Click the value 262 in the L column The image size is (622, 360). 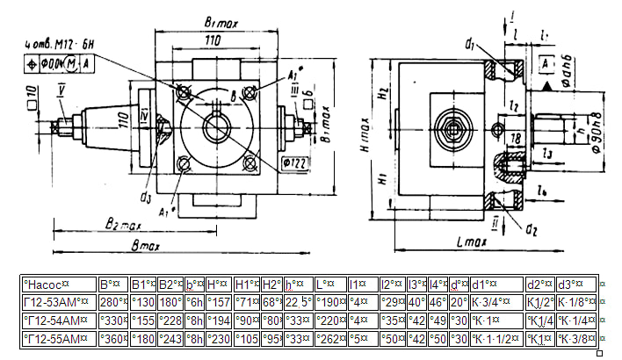330,338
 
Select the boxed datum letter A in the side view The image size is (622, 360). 546,66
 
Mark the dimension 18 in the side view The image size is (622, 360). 517,139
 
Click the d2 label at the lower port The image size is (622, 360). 531,231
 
